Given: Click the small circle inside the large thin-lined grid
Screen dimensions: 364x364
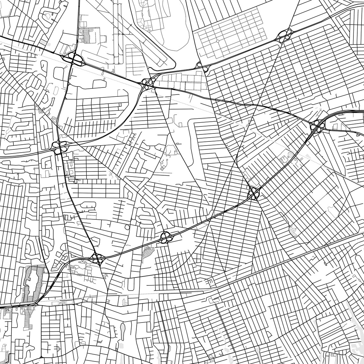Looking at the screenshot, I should point(218,41).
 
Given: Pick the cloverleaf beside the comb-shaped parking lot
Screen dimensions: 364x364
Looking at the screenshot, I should point(74,59).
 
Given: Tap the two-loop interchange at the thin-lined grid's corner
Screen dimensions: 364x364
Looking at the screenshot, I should point(202,66).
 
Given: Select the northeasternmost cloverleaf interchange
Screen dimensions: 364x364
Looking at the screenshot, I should point(285,35).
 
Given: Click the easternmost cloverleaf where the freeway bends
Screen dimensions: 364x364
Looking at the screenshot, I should point(317,127).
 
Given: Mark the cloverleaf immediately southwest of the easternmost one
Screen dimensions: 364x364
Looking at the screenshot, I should point(254,193).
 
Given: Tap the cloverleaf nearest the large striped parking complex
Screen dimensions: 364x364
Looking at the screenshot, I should point(97,257).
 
